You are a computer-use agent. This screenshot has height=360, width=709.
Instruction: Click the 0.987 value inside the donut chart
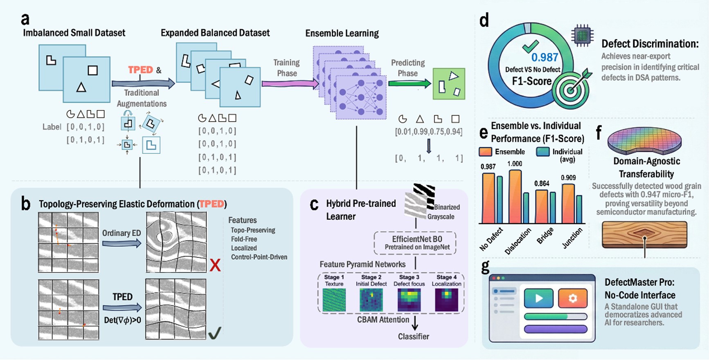click(x=545, y=57)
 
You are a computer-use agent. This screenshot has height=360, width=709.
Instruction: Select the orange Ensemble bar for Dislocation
click(x=515, y=196)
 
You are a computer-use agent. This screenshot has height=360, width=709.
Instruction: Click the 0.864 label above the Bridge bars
click(x=542, y=184)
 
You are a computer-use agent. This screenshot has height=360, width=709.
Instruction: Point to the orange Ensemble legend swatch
click(x=485, y=152)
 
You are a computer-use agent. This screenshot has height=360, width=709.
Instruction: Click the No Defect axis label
click(x=491, y=239)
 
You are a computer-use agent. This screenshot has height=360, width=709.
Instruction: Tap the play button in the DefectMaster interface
click(x=539, y=298)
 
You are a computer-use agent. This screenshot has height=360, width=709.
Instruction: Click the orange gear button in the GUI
click(x=573, y=298)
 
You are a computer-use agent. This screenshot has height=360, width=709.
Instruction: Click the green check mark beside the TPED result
click(x=215, y=333)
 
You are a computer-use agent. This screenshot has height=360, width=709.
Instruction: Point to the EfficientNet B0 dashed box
click(x=415, y=243)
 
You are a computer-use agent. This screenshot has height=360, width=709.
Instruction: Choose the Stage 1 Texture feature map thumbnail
click(x=334, y=300)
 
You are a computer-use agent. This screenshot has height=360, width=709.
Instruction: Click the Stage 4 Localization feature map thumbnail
click(x=446, y=300)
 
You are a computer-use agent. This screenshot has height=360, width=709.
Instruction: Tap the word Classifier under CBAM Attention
click(x=414, y=337)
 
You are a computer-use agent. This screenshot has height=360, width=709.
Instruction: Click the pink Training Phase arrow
click(x=290, y=83)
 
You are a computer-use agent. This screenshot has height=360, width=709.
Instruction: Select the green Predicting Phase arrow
click(x=410, y=83)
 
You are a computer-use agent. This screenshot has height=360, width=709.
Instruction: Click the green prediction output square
click(x=449, y=84)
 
